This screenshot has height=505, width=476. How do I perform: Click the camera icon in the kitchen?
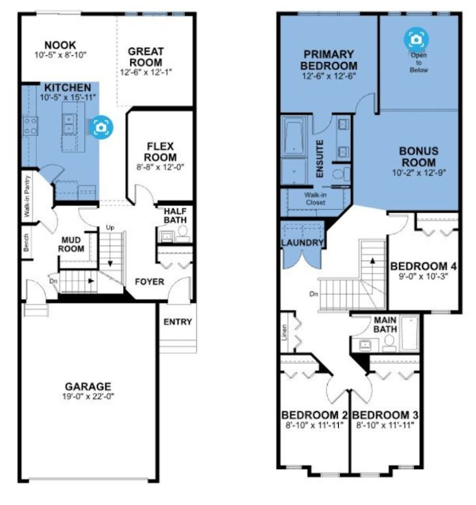coord(101,128)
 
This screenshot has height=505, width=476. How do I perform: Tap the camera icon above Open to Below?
coord(416,39)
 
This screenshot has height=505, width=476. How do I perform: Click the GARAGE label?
coord(88,386)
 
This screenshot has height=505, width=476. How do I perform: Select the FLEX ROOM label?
coord(160,152)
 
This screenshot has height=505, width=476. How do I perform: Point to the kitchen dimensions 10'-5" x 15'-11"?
coord(68,97)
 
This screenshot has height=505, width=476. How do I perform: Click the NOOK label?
coord(60,45)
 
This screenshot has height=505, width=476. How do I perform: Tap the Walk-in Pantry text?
coord(27,196)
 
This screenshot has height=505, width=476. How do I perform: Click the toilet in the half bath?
coord(182,233)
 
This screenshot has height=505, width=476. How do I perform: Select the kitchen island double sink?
coord(69,124)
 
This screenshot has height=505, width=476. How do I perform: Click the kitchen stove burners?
coord(30,126)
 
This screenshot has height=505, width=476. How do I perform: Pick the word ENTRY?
coord(177,322)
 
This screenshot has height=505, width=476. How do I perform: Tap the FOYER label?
coord(150,282)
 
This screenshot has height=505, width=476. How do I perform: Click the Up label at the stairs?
coord(110,228)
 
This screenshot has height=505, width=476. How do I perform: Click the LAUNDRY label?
coord(302,243)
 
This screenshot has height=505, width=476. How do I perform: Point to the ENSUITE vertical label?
coord(319,159)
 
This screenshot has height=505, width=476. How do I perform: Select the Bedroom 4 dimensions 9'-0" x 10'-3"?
coord(423,276)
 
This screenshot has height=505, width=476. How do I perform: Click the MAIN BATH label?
coord(385,325)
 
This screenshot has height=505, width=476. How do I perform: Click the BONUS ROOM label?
coord(419,157)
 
